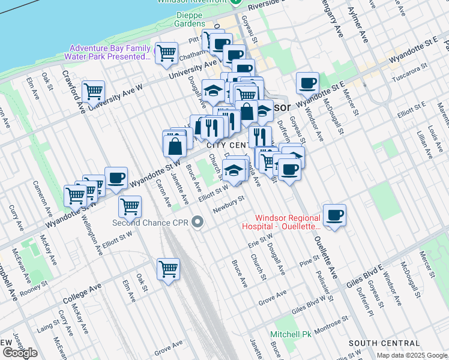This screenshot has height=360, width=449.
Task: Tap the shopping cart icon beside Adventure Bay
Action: pyautogui.click(x=166, y=52)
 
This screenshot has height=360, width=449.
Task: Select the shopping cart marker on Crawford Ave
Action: pyautogui.click(x=93, y=92)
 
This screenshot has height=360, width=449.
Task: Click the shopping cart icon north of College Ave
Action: pyautogui.click(x=168, y=268)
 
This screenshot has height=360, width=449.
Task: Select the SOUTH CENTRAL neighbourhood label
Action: pyautogui.click(x=379, y=343)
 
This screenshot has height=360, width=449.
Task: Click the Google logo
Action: pyautogui.click(x=20, y=352)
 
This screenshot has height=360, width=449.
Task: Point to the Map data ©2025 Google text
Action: pyautogui.click(x=412, y=355)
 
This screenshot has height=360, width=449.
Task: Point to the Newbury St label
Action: pyautogui.click(x=229, y=203)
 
